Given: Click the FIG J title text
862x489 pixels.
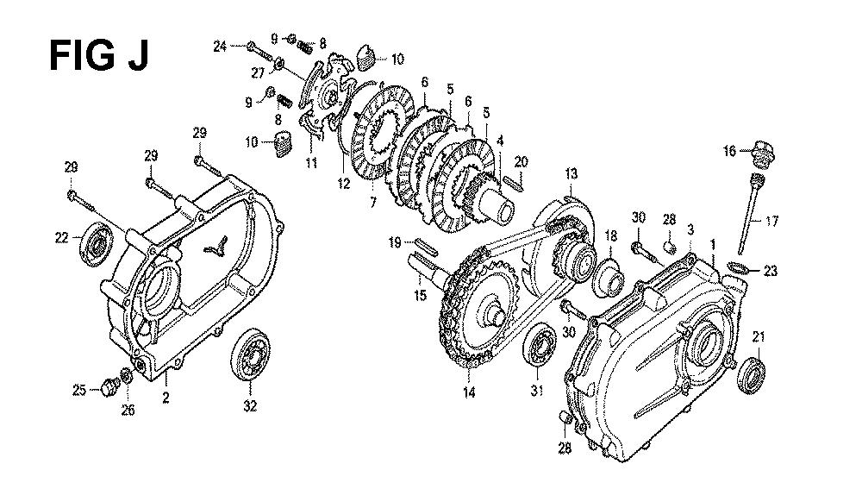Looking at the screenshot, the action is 99,55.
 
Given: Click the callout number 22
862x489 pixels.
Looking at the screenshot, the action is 61,238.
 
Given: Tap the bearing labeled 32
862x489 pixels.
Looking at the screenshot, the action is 250,355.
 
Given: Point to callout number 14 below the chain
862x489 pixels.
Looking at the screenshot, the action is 469,392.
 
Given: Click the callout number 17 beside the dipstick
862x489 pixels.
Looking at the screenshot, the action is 771,221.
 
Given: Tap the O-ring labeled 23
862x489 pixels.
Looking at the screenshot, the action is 740,268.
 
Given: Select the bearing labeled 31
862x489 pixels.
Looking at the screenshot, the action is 541,344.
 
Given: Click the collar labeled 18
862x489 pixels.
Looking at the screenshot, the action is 607,277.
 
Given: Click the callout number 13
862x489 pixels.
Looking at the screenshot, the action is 572,174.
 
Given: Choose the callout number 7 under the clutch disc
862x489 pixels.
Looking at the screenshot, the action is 373,203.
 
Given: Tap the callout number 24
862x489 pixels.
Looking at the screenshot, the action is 220,47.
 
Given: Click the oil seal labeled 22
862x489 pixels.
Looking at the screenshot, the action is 97,244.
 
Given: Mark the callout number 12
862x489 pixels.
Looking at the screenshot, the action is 344,183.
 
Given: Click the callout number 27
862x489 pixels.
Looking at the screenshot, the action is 259,72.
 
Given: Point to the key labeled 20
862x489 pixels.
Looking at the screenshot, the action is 513,181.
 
